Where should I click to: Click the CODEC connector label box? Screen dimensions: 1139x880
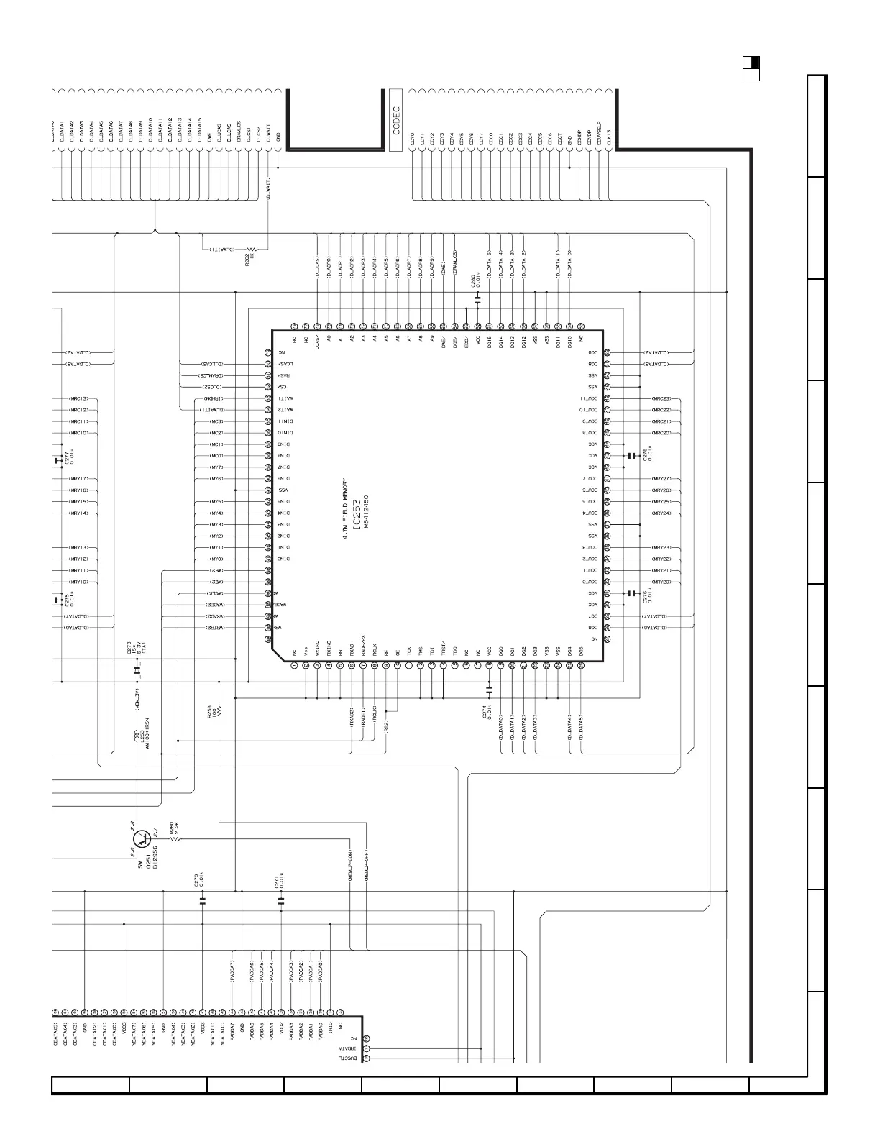point(396,119)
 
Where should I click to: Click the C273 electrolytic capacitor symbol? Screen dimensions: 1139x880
point(137,670)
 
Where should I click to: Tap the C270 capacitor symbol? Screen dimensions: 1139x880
point(202,899)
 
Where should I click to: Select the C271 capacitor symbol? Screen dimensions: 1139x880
point(281,899)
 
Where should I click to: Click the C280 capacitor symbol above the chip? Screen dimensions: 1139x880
point(477,296)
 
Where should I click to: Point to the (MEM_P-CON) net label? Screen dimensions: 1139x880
point(350,868)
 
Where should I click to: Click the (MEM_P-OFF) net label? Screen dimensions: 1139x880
point(367,868)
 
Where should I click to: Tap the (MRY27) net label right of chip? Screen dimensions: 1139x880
point(661,478)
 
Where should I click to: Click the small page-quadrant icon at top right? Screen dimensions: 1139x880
point(751,68)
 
